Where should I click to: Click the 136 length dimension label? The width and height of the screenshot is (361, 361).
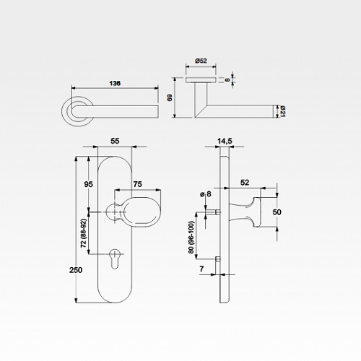pyautogui.click(x=115, y=83)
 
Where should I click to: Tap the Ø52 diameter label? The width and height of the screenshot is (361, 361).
pyautogui.click(x=201, y=61)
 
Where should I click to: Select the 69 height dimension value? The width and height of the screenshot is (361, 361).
pyautogui.click(x=170, y=97)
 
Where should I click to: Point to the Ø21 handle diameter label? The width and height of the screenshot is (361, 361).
pyautogui.click(x=283, y=111)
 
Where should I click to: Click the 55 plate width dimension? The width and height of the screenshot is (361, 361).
pyautogui.click(x=115, y=141)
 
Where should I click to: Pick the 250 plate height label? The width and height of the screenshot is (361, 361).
pyautogui.click(x=76, y=270)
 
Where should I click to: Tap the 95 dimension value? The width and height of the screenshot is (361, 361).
pyautogui.click(x=88, y=184)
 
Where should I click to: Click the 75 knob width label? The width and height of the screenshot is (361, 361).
pyautogui.click(x=138, y=184)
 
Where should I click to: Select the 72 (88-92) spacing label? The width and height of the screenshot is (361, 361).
pyautogui.click(x=84, y=233)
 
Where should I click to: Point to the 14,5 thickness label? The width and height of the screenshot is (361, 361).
pyautogui.click(x=225, y=141)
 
